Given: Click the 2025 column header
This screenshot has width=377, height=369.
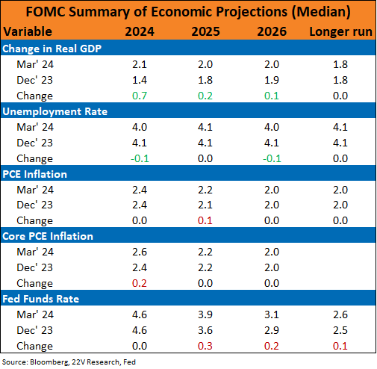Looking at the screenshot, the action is [205, 31].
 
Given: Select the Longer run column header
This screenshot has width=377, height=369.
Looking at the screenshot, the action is [340, 32].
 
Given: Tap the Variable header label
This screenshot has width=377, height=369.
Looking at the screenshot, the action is [28, 31].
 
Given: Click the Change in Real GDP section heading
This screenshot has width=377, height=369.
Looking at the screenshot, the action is [52, 49].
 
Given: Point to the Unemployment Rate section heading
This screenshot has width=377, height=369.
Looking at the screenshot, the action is [55, 111].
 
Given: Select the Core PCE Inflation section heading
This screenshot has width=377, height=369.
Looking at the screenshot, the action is [48, 236].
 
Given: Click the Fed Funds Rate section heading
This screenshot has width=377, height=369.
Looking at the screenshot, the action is [41, 299].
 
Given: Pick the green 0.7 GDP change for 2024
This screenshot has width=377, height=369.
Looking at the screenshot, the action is [140, 96].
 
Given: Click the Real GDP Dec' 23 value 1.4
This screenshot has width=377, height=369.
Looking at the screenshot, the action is [140, 80].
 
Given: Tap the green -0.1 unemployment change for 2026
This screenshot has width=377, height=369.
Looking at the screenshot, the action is [272, 158].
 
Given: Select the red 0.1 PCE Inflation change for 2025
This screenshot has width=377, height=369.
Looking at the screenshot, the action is [205, 220].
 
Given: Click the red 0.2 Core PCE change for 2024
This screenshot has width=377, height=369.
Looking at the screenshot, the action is [140, 283].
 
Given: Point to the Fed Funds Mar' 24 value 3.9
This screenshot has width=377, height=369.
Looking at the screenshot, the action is [205, 314].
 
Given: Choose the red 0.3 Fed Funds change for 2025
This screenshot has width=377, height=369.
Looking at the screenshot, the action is [205, 346].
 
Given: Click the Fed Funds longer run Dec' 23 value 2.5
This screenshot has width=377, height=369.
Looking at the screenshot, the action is [340, 330].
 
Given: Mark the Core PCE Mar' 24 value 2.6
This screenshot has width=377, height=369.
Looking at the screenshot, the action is [140, 252].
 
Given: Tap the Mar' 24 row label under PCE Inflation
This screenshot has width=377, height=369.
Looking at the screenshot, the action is [35, 190].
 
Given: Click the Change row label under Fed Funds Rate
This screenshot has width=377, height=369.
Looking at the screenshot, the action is [34, 347].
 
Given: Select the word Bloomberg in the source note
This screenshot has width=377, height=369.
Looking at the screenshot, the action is [49, 362].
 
